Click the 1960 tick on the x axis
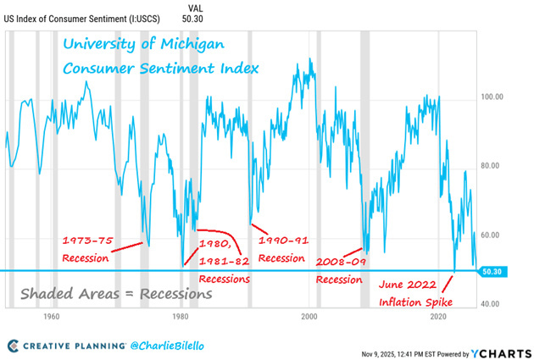50,316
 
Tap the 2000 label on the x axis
309,316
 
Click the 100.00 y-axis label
492,97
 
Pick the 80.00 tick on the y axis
492,166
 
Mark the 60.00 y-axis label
492,235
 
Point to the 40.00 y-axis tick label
492,304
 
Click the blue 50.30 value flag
492,271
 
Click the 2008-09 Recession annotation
340,271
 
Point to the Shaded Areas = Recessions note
116,294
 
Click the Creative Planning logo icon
14,346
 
